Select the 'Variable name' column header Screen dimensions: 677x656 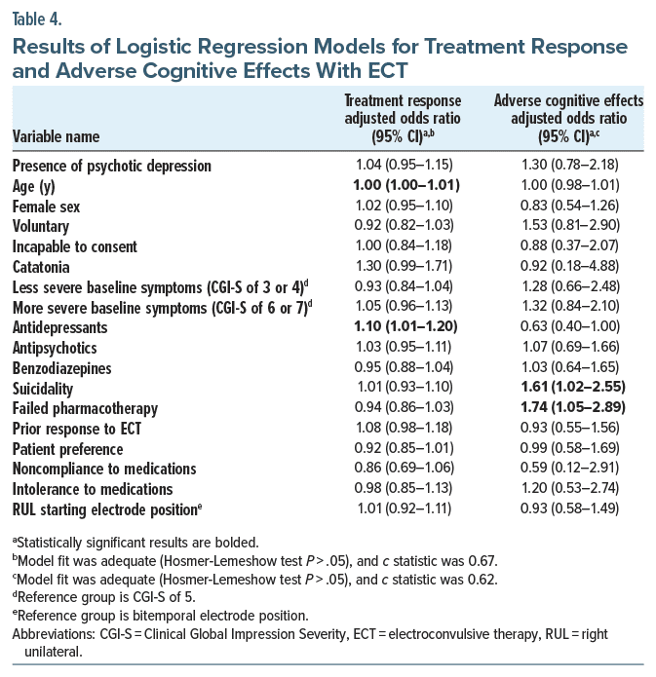click(x=56, y=136)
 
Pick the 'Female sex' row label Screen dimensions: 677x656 click(x=46, y=206)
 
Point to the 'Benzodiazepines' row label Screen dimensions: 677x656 click(x=61, y=367)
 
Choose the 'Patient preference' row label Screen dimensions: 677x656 click(x=67, y=449)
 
